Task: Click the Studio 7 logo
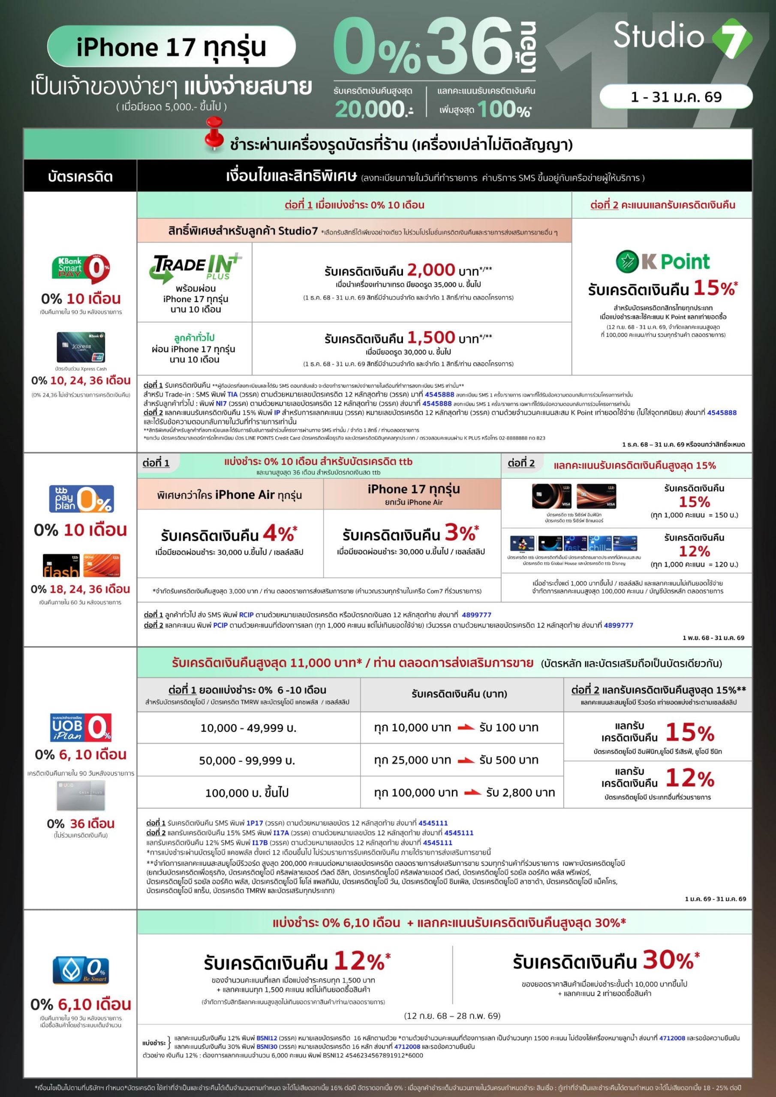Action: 682,36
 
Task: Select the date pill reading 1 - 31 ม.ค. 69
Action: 676,97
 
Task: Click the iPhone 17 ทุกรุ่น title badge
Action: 171,47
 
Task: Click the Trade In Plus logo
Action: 196,267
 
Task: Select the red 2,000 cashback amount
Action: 431,270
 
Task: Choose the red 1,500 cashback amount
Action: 431,337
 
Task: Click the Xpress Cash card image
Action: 81,348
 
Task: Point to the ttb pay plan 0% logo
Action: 81,499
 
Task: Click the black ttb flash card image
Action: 61,566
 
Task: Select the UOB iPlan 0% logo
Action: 81,727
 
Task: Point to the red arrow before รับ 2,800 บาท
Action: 472,793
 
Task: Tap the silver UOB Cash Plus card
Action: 81,795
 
